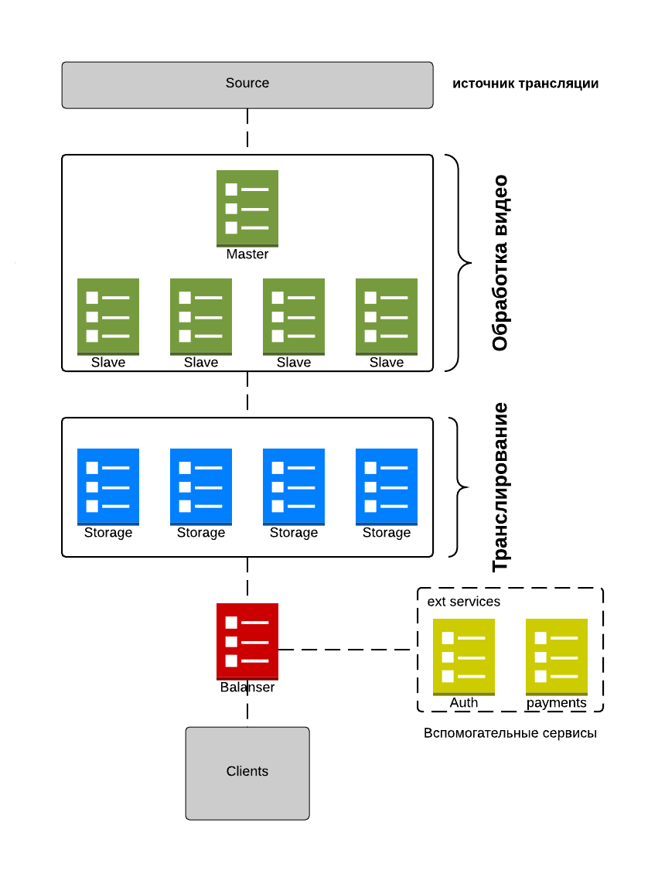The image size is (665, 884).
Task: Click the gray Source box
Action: pyautogui.click(x=247, y=84)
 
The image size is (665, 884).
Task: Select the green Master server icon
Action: pyautogui.click(x=247, y=208)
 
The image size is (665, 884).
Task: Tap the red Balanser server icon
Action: pyautogui.click(x=247, y=641)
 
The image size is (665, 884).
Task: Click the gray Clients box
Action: pyautogui.click(x=247, y=773)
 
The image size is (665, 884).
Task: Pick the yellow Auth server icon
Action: pyautogui.click(x=464, y=657)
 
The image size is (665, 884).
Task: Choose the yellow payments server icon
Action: pyautogui.click(x=557, y=657)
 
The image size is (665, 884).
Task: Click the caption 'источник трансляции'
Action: pyautogui.click(x=526, y=84)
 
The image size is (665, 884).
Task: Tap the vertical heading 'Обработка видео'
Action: pyautogui.click(x=500, y=263)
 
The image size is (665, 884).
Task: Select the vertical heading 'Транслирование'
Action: pyautogui.click(x=500, y=487)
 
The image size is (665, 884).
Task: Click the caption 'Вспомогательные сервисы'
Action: pyautogui.click(x=510, y=732)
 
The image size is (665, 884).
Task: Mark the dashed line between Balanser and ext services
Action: pyautogui.click(x=348, y=650)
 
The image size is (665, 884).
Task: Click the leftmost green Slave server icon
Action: pyautogui.click(x=108, y=316)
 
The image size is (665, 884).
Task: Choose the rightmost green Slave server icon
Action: pyautogui.click(x=387, y=316)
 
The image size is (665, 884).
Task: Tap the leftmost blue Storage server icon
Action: pyautogui.click(x=108, y=486)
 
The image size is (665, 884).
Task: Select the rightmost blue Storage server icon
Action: pyautogui.click(x=387, y=486)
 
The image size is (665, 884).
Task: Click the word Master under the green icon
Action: pyautogui.click(x=247, y=254)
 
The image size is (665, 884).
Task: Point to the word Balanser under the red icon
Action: pyautogui.click(x=247, y=687)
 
